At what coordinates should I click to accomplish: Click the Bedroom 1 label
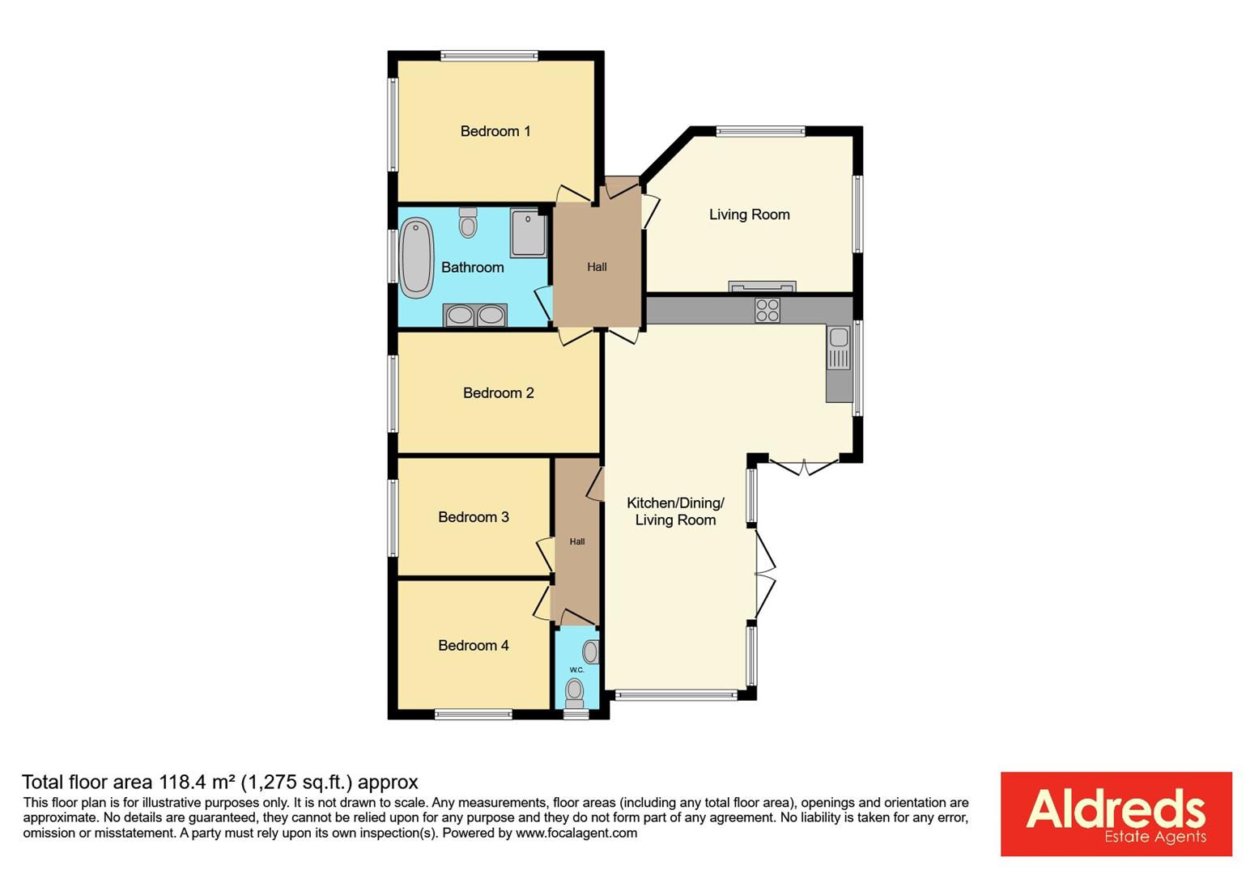(495, 131)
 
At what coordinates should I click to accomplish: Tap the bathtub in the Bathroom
(416, 257)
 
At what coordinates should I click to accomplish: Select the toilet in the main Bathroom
(468, 223)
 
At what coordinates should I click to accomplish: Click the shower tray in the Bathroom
(529, 231)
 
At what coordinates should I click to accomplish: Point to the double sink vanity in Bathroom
(475, 315)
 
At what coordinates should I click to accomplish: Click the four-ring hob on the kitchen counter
(767, 310)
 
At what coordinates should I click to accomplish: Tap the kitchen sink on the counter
(839, 347)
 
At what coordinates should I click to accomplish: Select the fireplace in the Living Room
(762, 286)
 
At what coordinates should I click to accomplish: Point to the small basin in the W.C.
(591, 651)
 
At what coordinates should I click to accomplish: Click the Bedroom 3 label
(474, 517)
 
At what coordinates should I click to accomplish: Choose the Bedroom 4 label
(474, 645)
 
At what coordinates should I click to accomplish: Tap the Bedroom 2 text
(498, 393)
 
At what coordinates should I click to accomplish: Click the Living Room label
(749, 214)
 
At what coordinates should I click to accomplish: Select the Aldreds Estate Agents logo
(1116, 813)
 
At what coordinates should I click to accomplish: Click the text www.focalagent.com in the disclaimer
(576, 833)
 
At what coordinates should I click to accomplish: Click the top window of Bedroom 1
(489, 57)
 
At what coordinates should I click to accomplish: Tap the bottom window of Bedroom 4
(474, 714)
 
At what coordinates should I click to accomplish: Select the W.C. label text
(577, 670)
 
